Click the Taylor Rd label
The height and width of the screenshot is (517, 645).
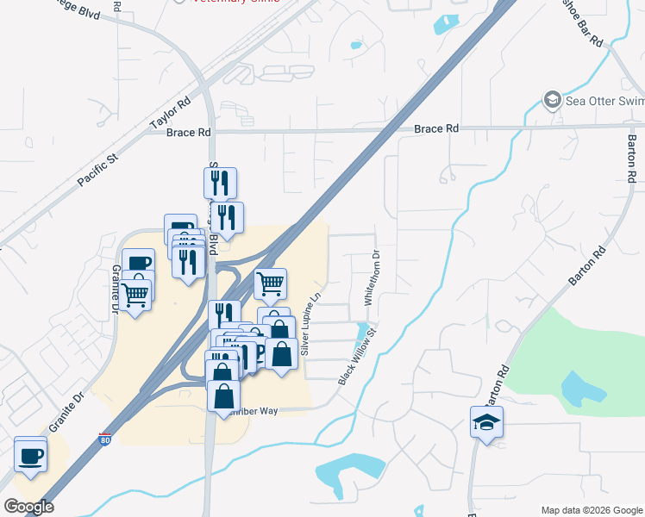(x=170, y=114)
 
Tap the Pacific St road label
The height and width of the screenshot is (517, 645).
(x=97, y=171)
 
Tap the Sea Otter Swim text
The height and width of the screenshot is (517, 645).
(x=604, y=101)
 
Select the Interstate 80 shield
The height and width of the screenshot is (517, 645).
(x=105, y=439)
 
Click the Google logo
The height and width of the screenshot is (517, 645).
(x=28, y=507)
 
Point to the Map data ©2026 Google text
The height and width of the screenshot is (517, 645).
(x=592, y=510)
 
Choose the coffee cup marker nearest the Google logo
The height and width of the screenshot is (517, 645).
(x=31, y=454)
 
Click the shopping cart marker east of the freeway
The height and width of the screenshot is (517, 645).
(x=271, y=283)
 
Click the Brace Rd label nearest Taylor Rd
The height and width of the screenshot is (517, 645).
(x=188, y=133)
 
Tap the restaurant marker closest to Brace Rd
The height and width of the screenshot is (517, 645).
(x=220, y=182)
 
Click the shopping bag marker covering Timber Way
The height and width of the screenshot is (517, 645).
(x=223, y=396)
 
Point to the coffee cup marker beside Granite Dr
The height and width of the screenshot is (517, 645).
(x=137, y=263)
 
